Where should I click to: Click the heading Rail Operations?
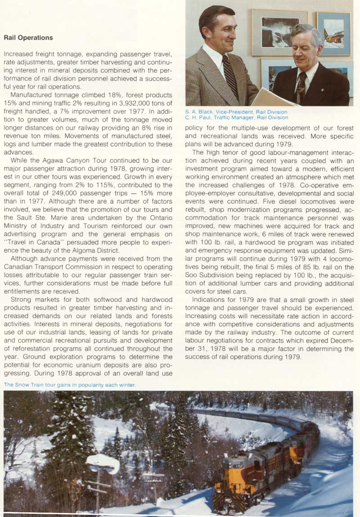click(x=28, y=38)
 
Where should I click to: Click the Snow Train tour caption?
click(x=69, y=385)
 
